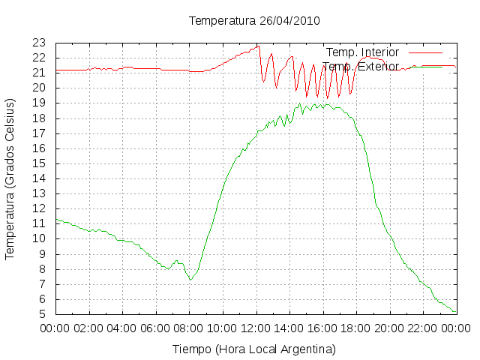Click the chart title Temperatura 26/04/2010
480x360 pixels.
click(254, 21)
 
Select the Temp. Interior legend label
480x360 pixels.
click(362, 52)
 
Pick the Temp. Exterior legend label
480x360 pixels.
click(361, 67)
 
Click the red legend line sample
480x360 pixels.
click(425, 52)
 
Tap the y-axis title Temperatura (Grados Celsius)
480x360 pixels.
click(10, 179)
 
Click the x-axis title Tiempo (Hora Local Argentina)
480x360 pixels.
click(254, 349)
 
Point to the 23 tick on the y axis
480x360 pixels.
click(39, 43)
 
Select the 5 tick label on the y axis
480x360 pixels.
click(42, 314)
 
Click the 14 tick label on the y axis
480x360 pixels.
click(39, 178)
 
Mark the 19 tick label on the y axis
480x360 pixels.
click(39, 103)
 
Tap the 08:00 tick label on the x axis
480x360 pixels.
click(189, 328)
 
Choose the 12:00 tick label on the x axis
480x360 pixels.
click(256, 328)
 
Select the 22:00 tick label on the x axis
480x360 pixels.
click(423, 328)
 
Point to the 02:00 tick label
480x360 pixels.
click(89, 328)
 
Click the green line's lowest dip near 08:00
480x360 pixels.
click(190, 280)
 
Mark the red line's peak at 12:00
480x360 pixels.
click(258, 46)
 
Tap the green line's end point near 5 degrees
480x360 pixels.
click(455, 312)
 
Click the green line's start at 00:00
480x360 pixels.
click(56, 219)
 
